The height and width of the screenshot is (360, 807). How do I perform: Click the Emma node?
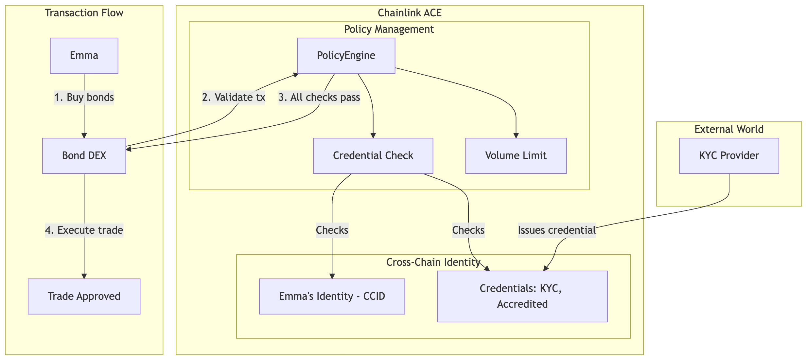[84, 56]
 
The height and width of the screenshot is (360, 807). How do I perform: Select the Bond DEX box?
[84, 155]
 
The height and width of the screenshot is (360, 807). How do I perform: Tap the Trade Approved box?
[84, 297]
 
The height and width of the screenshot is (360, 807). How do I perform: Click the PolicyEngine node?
[346, 56]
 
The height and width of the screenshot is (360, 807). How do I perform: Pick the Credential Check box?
[373, 155]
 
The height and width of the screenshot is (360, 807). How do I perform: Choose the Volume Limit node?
[516, 155]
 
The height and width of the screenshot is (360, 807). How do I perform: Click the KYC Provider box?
[729, 155]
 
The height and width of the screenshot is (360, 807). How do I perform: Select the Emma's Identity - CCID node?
[332, 297]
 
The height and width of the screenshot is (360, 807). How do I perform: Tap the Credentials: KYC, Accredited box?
[522, 297]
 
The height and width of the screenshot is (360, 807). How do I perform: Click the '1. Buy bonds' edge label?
[84, 97]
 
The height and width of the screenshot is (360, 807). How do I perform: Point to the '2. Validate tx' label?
[234, 97]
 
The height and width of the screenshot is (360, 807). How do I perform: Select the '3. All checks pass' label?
[319, 97]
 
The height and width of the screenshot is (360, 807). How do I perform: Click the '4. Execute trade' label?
[84, 230]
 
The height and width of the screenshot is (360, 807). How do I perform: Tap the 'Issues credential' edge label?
[557, 230]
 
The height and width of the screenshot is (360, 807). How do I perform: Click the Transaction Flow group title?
[84, 13]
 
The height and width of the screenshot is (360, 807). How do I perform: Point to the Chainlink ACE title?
[410, 13]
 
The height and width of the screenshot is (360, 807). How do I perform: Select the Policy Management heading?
[389, 29]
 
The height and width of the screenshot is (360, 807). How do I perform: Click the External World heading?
[729, 129]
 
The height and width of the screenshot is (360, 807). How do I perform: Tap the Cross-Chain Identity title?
[433, 262]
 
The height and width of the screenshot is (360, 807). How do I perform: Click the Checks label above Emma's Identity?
[332, 230]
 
